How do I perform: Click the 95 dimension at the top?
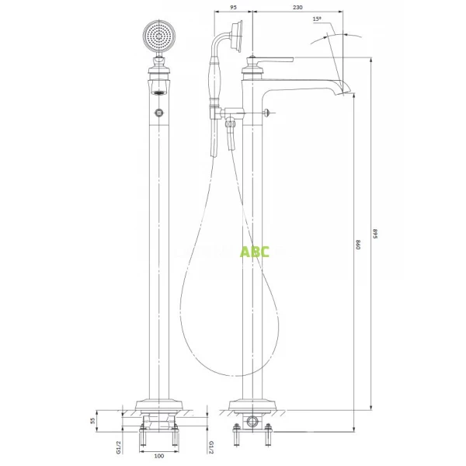pos(234,8)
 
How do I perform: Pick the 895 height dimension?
pos(376,233)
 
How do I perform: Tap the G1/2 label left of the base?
pos(119,446)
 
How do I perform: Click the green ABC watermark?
pos(255,251)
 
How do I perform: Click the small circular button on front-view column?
pos(158,114)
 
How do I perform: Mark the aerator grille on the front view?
pos(158,92)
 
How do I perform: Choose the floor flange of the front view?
pos(158,406)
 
